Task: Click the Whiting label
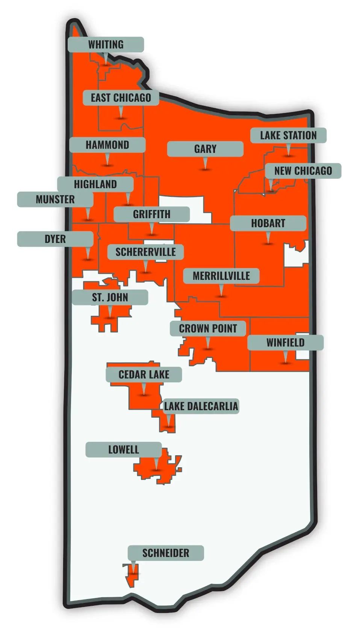(x=106, y=44)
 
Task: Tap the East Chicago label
(x=121, y=98)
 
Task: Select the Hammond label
(x=107, y=145)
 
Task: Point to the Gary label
(x=205, y=149)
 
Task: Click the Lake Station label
(x=288, y=135)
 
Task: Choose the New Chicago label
(x=303, y=171)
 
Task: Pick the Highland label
(x=95, y=184)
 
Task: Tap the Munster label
(x=55, y=199)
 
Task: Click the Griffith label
(x=151, y=214)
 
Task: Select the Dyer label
(x=55, y=239)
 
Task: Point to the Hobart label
(x=268, y=223)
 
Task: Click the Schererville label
(x=145, y=252)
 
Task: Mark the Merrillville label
(x=221, y=276)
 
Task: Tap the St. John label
(x=110, y=297)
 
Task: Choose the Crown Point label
(x=208, y=328)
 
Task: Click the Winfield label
(x=285, y=343)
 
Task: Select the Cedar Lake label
(x=144, y=374)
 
